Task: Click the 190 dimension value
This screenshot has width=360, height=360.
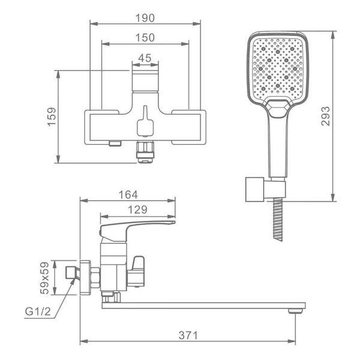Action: tap(145, 18)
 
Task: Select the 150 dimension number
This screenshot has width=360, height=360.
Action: tap(145, 38)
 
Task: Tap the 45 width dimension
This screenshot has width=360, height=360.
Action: tap(145, 58)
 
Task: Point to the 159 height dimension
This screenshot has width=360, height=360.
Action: tap(52, 116)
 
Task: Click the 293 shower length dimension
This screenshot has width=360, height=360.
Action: tap(325, 116)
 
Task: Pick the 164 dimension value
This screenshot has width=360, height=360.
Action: tap(128, 195)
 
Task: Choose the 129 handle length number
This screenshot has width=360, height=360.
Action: tap(137, 210)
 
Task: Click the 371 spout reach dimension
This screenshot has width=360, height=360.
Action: tap(188, 335)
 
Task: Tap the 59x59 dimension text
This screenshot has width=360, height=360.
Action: tap(44, 278)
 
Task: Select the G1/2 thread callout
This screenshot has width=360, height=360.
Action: tap(38, 312)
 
